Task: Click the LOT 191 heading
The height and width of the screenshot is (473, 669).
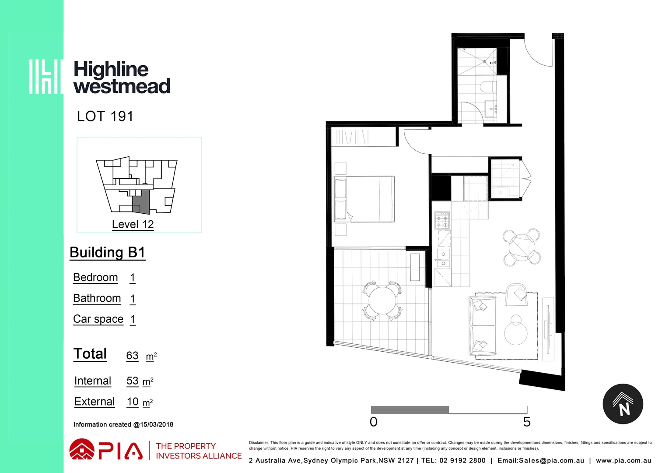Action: coord(105,116)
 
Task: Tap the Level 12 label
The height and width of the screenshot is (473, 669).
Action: coord(133,224)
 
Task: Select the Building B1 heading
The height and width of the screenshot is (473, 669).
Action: coord(107,252)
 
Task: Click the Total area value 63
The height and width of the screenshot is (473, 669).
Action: coord(132,356)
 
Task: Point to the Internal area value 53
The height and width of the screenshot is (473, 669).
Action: coord(132,381)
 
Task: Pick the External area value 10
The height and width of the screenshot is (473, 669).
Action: coord(133,402)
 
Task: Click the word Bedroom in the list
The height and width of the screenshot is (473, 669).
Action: coord(95,278)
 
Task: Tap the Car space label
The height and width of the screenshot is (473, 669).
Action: coord(98,319)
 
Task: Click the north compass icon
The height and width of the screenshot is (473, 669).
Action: coord(623,404)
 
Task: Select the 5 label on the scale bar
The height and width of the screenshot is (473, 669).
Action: coord(527,422)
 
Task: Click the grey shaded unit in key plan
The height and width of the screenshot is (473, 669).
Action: coord(141,202)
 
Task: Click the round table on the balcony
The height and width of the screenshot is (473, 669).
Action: coord(382,300)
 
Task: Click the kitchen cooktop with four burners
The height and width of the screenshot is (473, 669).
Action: coord(442,220)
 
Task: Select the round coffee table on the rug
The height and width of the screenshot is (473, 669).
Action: coord(516,332)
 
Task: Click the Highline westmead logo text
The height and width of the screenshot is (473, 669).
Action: coord(121,78)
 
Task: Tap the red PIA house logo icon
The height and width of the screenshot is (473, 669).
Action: coord(81,450)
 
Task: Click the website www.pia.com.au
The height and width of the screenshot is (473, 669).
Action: coord(623,460)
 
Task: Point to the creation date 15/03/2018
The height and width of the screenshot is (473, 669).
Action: coord(157,424)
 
